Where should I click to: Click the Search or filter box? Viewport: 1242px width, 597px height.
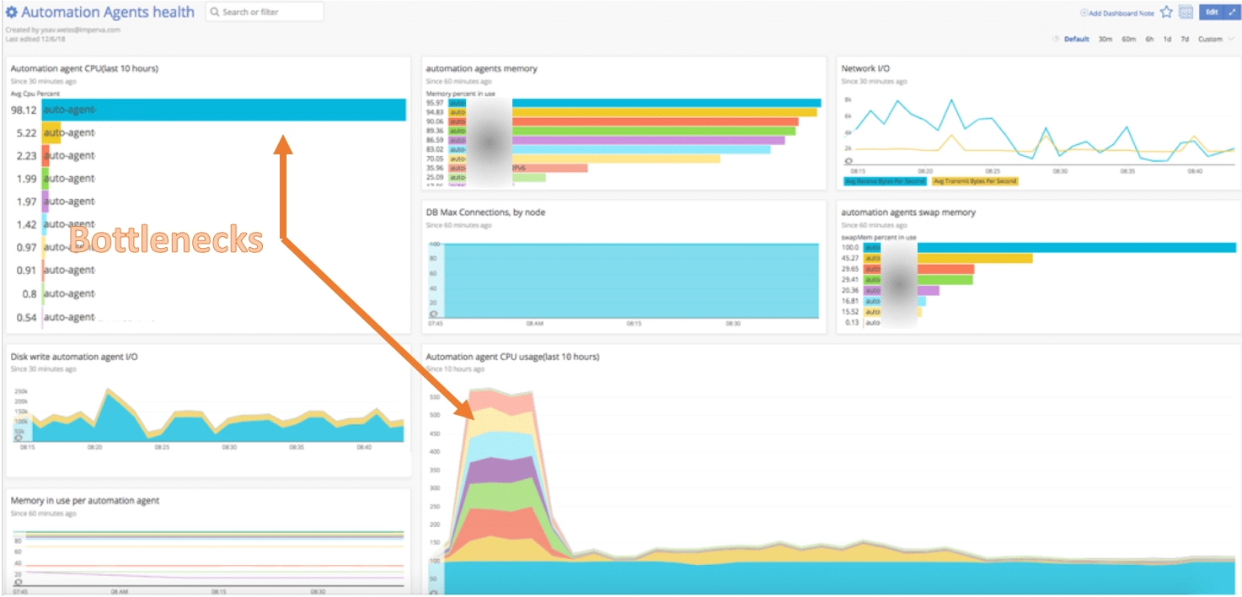coord(264,12)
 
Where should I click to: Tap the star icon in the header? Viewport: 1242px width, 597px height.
coord(1166,12)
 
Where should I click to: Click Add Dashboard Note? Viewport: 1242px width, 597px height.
coord(1117,13)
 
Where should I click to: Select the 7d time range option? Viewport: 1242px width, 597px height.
coord(1185,39)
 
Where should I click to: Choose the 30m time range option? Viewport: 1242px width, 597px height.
coord(1105,39)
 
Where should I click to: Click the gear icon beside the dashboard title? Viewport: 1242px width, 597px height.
coord(12,13)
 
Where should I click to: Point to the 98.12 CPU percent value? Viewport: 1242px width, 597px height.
coord(24,110)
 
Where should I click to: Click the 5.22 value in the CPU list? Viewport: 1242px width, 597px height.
coord(27,132)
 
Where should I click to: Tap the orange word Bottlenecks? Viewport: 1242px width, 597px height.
coord(166,240)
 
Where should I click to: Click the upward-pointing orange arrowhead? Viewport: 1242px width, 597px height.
coord(284,144)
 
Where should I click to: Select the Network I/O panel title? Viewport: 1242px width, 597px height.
coord(865,68)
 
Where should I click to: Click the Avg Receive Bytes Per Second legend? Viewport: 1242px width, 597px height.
coord(885,181)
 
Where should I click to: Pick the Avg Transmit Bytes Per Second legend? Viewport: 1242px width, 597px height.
coord(975,181)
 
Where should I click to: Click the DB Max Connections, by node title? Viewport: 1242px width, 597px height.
coord(485,212)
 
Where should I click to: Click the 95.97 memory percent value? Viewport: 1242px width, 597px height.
coord(436,102)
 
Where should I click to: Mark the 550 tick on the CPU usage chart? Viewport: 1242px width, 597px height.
coord(435,396)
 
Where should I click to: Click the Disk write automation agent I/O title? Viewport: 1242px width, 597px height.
coord(74,357)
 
